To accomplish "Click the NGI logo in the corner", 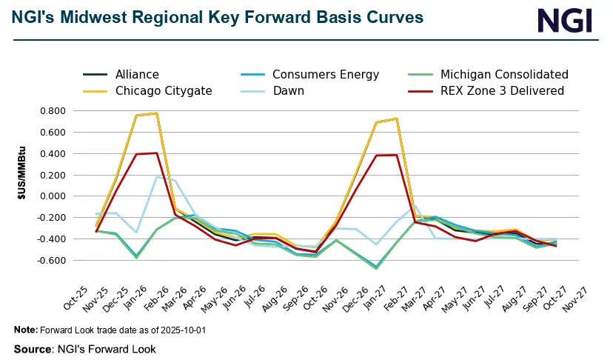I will (565, 20).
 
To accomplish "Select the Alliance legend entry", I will (137, 74).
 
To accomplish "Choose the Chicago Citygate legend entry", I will (164, 90).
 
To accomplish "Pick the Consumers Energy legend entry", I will (326, 74).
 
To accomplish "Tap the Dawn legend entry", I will (289, 90).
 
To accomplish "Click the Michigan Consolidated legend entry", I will (504, 74).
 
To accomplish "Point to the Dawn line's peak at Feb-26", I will (157, 176).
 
